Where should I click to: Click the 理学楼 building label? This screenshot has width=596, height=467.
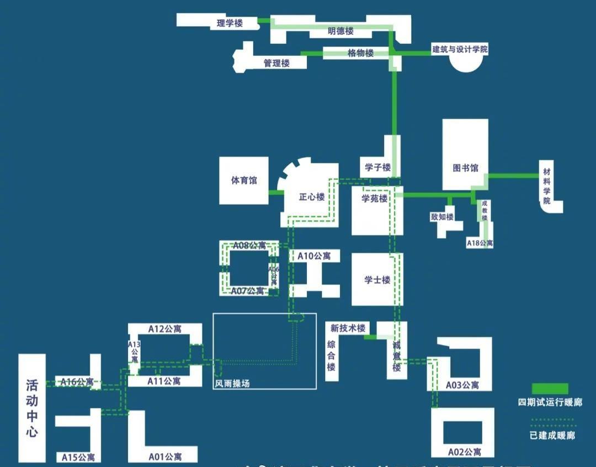tap(230, 23)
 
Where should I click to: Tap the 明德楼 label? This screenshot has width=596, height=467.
tap(340, 31)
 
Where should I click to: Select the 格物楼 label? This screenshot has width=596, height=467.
tap(360, 54)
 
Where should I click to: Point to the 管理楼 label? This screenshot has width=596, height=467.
tap(276, 63)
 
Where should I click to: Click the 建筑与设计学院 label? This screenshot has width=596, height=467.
tap(460, 50)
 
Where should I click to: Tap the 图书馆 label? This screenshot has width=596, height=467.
tap(465, 168)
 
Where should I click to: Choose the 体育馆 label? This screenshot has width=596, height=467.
tap(243, 181)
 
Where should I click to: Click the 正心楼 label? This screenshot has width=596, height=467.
tap(311, 197)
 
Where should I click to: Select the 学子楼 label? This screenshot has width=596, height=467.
tap(377, 167)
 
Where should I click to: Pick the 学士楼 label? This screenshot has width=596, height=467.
tap(377, 280)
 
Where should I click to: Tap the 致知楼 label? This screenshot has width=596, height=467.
tap(442, 217)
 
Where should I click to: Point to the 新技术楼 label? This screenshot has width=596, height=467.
tap(348, 328)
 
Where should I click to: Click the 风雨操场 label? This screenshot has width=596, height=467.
tap(232, 383)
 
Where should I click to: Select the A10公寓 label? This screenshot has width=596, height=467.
tap(314, 256)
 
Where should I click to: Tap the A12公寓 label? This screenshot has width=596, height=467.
tap(164, 329)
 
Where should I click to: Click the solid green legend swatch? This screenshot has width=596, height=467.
tap(550, 389)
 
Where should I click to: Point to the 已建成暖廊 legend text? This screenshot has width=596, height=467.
tap(552, 436)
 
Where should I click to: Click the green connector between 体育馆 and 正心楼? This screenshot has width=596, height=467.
tap(275, 193)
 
